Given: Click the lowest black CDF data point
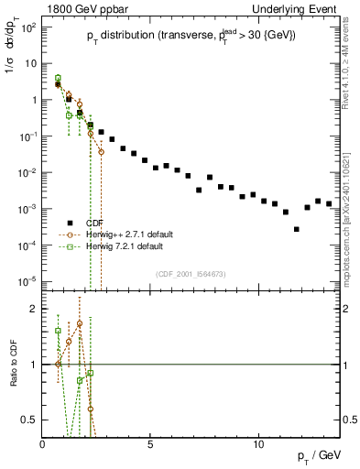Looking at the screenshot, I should pyautogui.click(x=296, y=229).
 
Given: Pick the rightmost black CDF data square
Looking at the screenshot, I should pyautogui.click(x=329, y=203).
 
